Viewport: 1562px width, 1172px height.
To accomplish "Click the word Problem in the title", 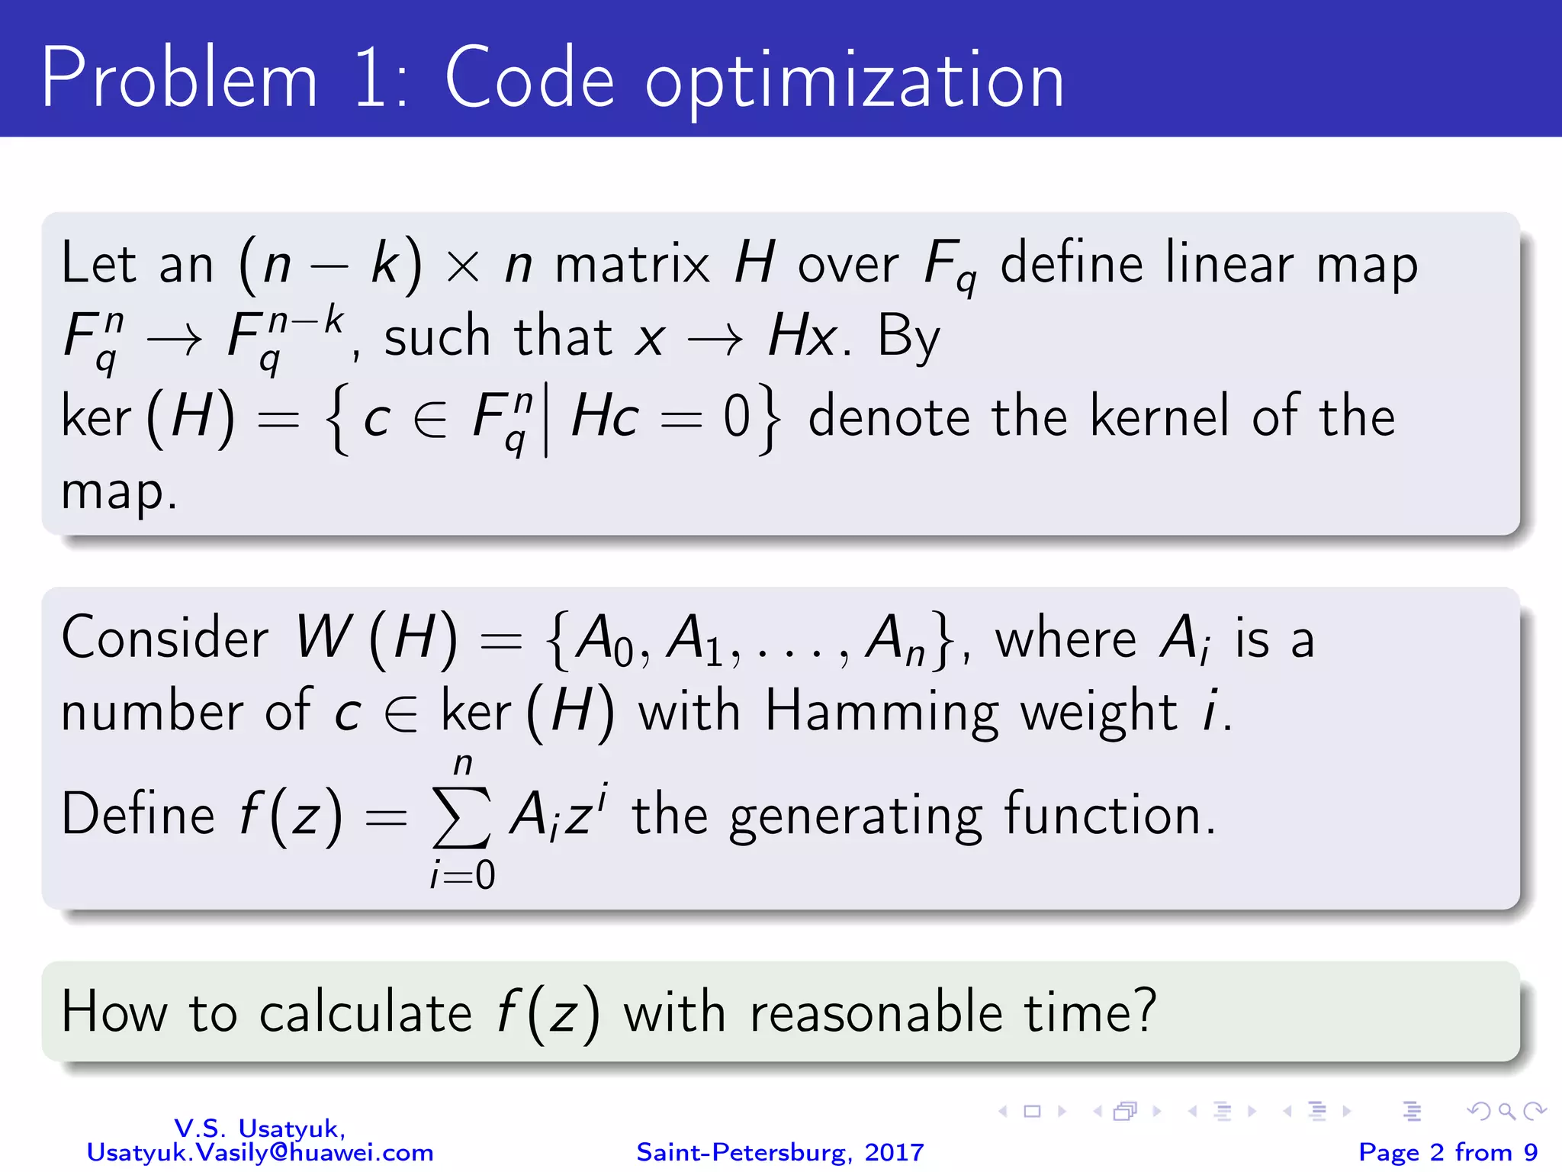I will (179, 79).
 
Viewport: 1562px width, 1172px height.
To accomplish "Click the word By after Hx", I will (908, 338).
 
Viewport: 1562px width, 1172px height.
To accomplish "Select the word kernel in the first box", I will (1160, 417).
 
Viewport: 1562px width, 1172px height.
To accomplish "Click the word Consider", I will (165, 638).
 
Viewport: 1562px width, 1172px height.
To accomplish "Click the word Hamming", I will (882, 712).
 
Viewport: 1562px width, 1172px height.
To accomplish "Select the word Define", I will (138, 815).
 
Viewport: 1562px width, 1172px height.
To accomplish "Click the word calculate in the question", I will (366, 1013).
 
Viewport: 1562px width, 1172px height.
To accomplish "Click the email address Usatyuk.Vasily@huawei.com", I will (260, 1152).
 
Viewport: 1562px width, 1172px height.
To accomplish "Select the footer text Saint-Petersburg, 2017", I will (780, 1152).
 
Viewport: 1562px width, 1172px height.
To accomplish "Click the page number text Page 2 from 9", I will (1448, 1152).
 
